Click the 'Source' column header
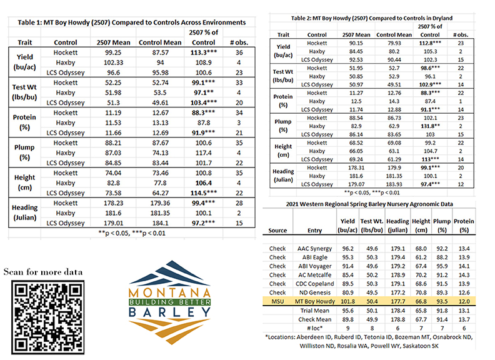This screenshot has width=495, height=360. point(277,231)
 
